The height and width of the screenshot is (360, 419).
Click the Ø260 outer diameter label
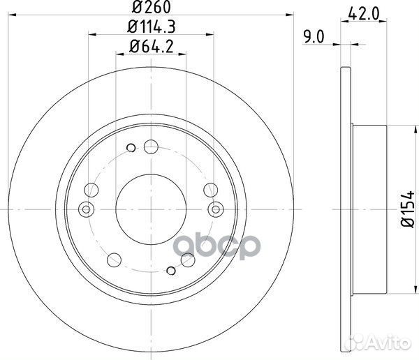pyautogui.click(x=150, y=9)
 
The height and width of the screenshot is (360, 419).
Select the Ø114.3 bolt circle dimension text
pyautogui.click(x=150, y=29)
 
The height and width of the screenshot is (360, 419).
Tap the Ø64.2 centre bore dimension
pyautogui.click(x=150, y=47)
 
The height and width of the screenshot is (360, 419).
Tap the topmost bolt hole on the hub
pyautogui.click(x=151, y=147)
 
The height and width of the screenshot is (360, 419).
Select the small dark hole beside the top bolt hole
pyautogui.click(x=131, y=147)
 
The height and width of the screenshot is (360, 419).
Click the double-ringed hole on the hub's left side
pyautogui.click(x=87, y=208)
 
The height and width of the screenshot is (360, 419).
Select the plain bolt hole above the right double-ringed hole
pyautogui.click(x=209, y=188)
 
